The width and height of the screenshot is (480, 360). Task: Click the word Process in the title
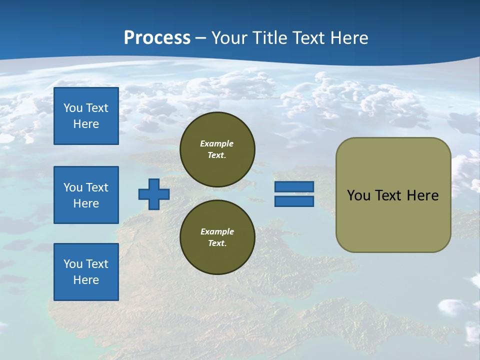click(x=157, y=38)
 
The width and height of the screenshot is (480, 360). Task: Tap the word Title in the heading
click(x=270, y=38)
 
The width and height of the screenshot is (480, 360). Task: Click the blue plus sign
click(x=154, y=194)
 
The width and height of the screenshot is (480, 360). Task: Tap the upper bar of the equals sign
click(x=294, y=186)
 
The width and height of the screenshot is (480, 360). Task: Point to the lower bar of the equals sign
click(x=294, y=201)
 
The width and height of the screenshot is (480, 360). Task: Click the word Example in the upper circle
click(x=217, y=143)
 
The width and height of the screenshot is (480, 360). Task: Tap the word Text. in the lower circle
click(x=217, y=243)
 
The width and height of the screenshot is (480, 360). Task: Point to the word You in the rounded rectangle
click(x=358, y=195)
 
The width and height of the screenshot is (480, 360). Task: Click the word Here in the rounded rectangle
click(x=422, y=195)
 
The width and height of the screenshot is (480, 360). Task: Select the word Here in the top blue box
click(x=86, y=124)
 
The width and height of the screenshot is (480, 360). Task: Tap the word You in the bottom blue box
click(x=73, y=264)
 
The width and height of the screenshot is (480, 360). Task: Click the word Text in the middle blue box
click(x=97, y=187)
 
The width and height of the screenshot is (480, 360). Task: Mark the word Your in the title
click(x=230, y=38)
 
